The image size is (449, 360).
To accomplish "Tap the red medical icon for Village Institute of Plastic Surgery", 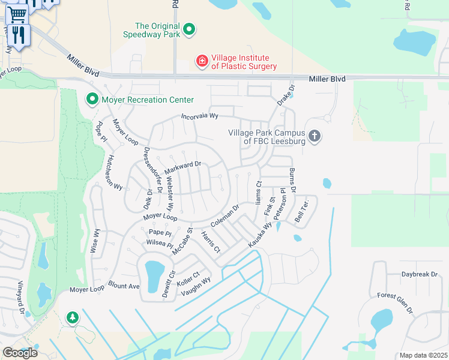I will coord(202,61).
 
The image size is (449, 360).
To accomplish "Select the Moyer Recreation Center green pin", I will coord(92,99).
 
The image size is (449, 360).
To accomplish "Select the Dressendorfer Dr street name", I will coord(152,170).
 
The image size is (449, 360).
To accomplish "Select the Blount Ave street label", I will coord(124,283).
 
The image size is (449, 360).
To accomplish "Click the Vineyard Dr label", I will coord(20,296).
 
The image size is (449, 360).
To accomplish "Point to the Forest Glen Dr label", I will coord(395,303).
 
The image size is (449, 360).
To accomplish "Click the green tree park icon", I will coord(73,317).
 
